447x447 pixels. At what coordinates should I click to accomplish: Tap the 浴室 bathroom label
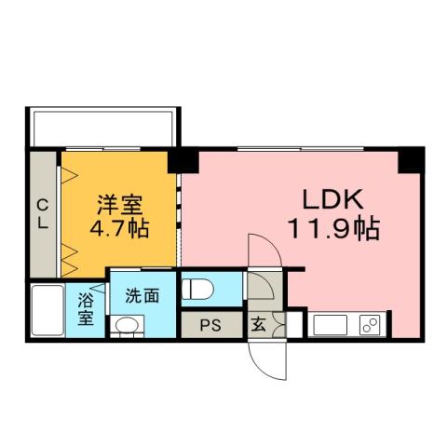[x=85, y=309]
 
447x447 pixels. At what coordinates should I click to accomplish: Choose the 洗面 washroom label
[x=142, y=296]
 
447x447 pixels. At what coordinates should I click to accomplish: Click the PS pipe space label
[x=210, y=327]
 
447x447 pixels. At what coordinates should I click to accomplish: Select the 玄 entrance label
[x=257, y=327]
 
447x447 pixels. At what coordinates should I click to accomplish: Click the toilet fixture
[x=199, y=289]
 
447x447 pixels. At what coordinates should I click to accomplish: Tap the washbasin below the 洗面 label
[x=127, y=325]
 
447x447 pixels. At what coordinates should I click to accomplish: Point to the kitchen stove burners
[x=369, y=326]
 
